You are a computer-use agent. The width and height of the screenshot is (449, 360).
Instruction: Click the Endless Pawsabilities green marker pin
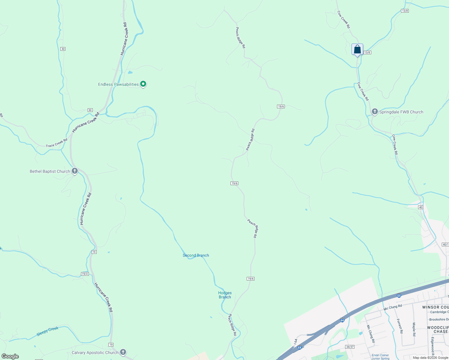click(x=143, y=84)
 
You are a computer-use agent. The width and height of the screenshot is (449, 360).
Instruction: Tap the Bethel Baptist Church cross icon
click(x=75, y=171)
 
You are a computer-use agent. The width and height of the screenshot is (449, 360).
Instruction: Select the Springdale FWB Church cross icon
click(x=375, y=112)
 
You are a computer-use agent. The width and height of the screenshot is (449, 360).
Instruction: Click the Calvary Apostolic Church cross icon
click(x=123, y=352)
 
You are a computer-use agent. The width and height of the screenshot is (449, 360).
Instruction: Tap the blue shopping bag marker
click(x=357, y=49)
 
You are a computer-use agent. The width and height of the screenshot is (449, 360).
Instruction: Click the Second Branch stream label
click(x=196, y=255)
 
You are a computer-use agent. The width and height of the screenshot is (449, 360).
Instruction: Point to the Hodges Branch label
click(x=225, y=295)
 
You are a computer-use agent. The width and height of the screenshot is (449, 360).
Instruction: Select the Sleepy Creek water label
click(x=47, y=331)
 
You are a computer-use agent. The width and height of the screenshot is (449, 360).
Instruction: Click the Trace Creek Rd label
click(x=56, y=143)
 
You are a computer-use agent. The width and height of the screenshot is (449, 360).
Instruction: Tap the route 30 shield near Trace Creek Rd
click(x=90, y=110)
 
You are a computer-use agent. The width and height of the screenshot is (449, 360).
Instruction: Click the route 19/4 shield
click(x=85, y=274)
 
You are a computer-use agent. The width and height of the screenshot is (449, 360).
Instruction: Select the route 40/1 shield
click(x=445, y=244)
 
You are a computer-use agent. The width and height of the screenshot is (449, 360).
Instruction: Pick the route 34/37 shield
click(x=350, y=346)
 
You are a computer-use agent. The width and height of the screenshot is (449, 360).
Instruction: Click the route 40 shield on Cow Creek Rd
click(x=420, y=207)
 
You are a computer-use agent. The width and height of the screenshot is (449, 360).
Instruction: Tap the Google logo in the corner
click(x=10, y=356)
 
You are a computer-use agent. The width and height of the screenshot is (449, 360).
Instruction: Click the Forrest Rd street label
click(x=399, y=326)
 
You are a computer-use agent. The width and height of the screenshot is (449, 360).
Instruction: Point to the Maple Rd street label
click(x=414, y=329)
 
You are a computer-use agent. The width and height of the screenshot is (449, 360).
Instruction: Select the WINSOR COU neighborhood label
click(x=435, y=307)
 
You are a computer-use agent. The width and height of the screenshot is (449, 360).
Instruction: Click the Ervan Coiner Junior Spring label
click(x=380, y=357)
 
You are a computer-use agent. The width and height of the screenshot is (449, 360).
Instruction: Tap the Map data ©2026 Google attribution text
click(x=430, y=358)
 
